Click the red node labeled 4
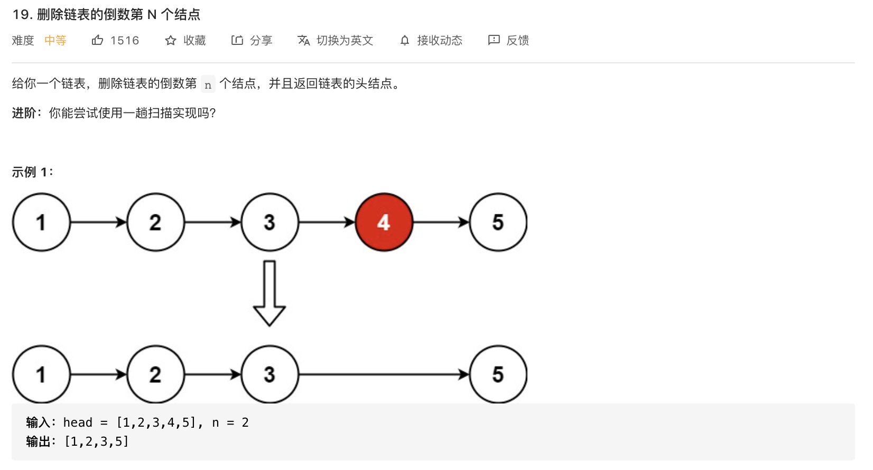point(384,222)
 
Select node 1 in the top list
point(41,222)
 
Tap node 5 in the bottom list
point(498,374)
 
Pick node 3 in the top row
point(270,222)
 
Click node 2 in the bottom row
point(155,374)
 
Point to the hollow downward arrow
point(270,294)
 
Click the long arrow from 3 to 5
point(384,374)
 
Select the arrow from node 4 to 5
point(441,222)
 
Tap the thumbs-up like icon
point(97,40)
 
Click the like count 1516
point(125,41)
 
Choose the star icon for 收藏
point(170,41)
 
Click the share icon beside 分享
point(237,40)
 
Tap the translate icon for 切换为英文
point(304,41)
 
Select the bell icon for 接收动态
point(405,41)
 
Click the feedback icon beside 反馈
point(494,40)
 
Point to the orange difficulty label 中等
point(55,41)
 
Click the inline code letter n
point(208,84)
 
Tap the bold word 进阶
point(24,113)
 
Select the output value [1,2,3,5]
point(97,441)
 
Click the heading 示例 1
point(32,172)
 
